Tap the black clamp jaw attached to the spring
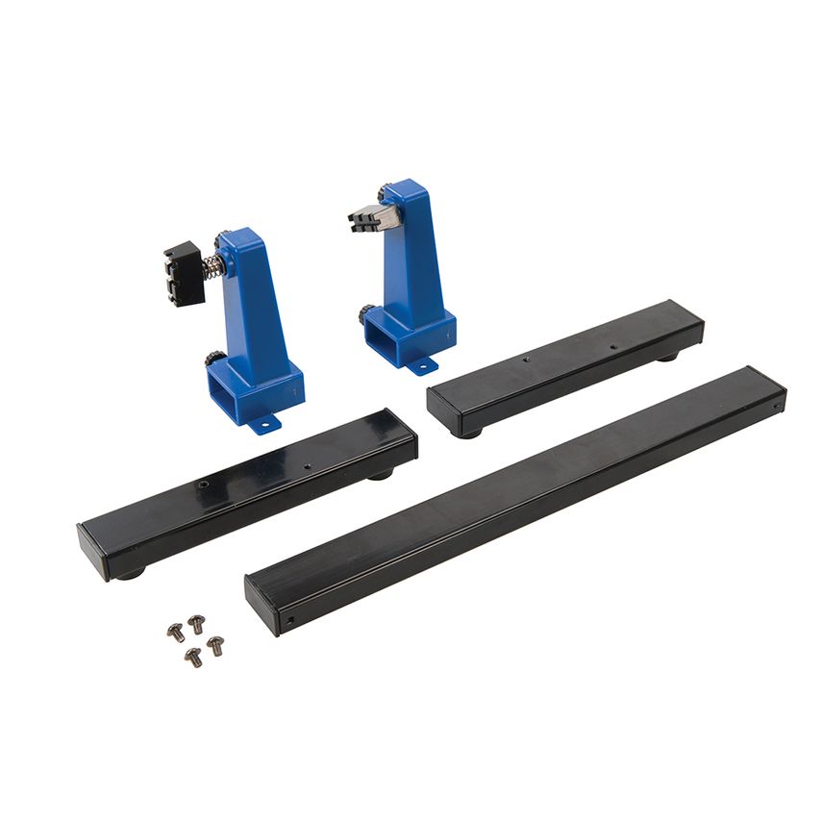point(180,274)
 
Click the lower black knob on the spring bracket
point(212,361)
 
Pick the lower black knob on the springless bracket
point(367,314)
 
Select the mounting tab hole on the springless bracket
point(420,366)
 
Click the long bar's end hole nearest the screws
point(289,620)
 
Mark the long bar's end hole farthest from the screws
point(776,404)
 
